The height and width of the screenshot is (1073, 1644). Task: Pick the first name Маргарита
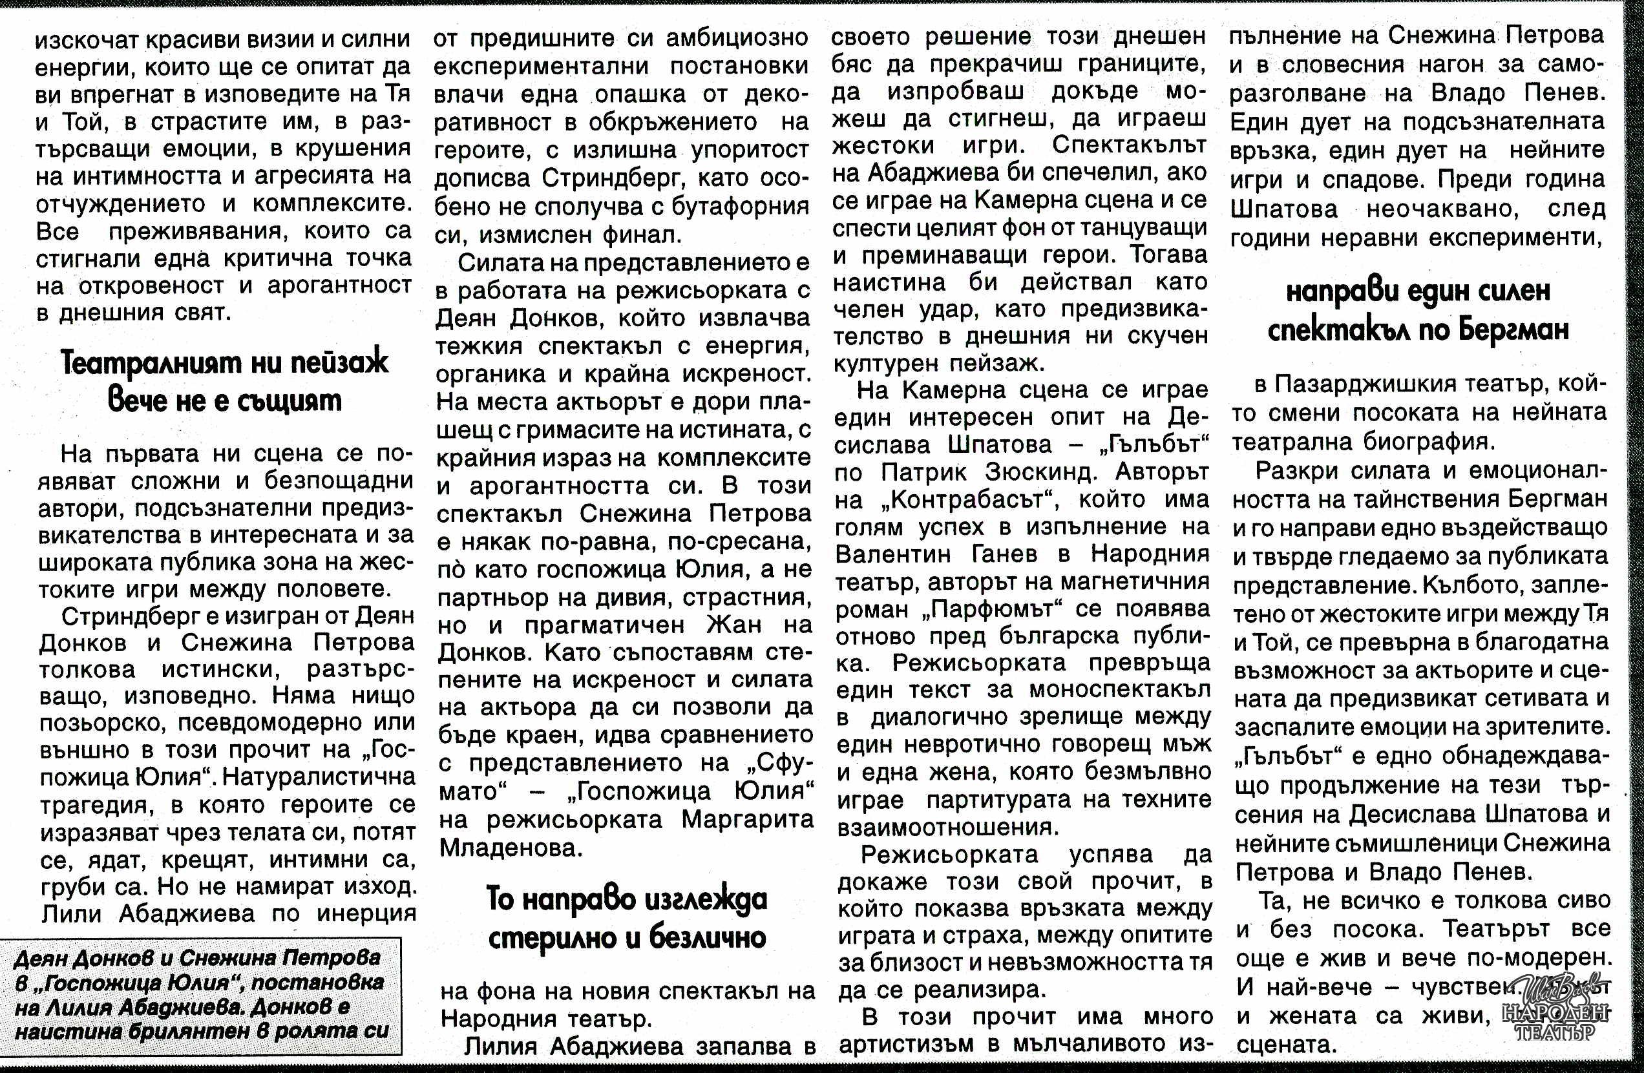pos(746,820)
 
